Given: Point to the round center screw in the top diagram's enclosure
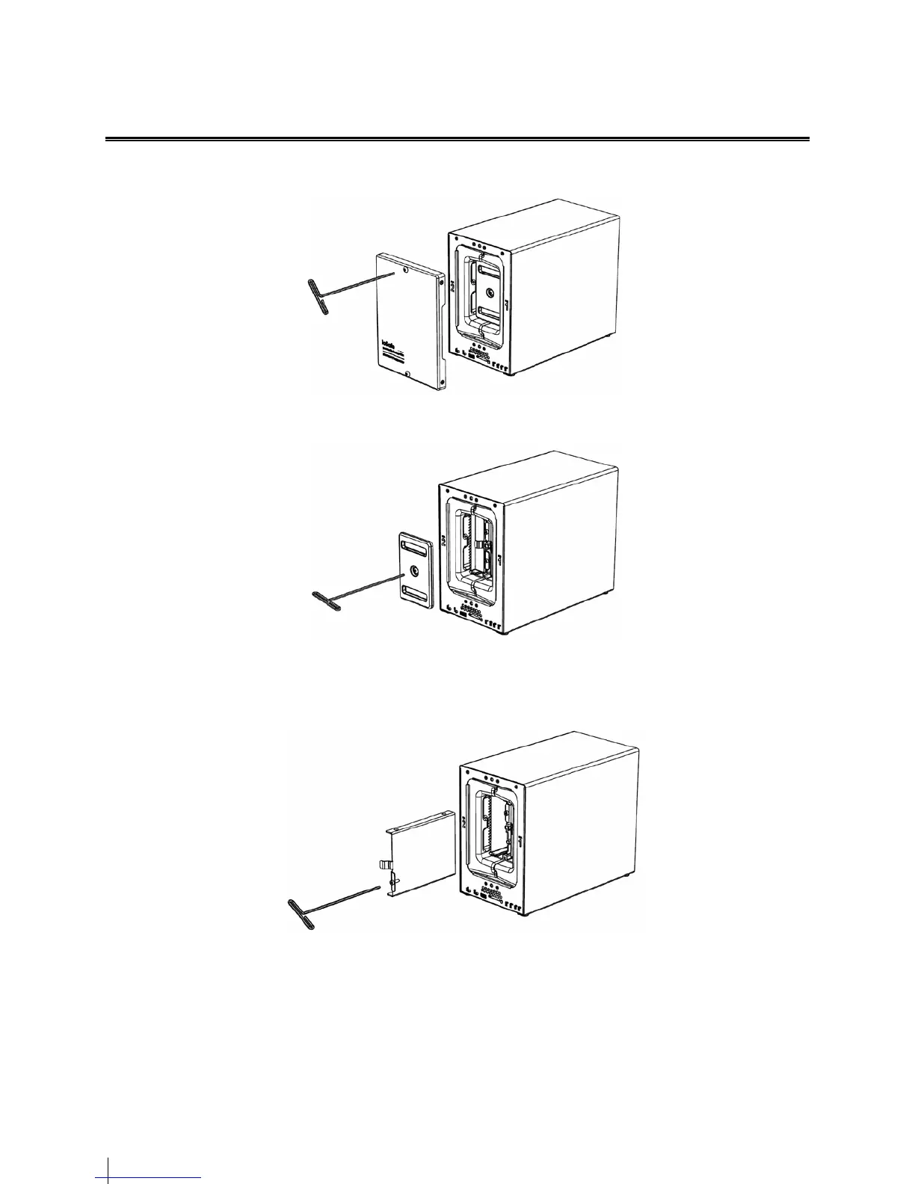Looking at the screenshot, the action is click(490, 292).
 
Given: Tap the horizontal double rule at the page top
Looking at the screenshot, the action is click(457, 139).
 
